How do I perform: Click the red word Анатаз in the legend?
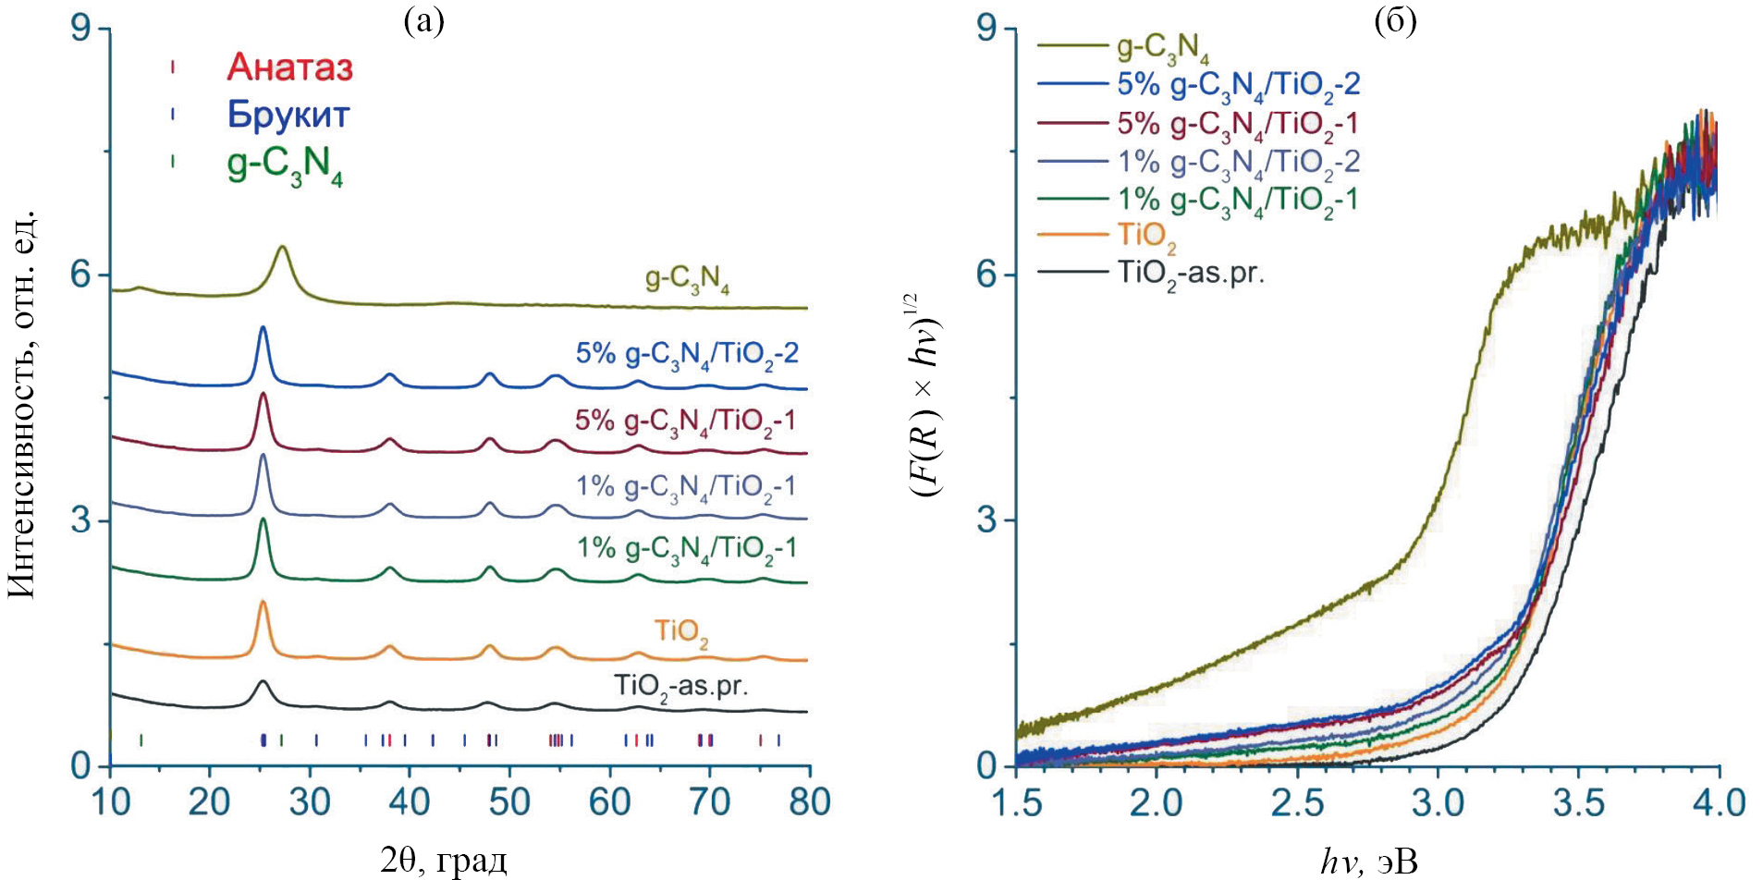coord(289,67)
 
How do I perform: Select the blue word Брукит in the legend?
coord(288,115)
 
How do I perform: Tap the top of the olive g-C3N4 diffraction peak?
coord(283,248)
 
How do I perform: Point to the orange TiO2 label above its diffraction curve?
coord(681,632)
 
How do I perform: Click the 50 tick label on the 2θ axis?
coord(509,801)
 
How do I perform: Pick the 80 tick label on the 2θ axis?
coord(809,801)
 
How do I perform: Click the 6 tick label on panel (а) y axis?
coord(81,275)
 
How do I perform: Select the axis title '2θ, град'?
coord(444,861)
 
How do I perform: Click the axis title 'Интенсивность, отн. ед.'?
coord(22,404)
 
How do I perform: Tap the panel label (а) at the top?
coord(424,20)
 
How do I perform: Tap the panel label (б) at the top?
coord(1395,20)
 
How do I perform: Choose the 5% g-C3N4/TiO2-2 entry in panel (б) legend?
coord(1238,85)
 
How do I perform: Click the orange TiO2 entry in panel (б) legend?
coord(1146,236)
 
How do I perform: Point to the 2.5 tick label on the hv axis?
coord(1297,802)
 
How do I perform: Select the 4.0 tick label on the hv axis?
coord(1718,802)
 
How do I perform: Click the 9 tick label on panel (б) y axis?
coord(987,29)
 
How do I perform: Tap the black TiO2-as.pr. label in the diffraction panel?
coord(681,687)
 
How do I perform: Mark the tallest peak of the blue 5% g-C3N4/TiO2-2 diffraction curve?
coord(263,327)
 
